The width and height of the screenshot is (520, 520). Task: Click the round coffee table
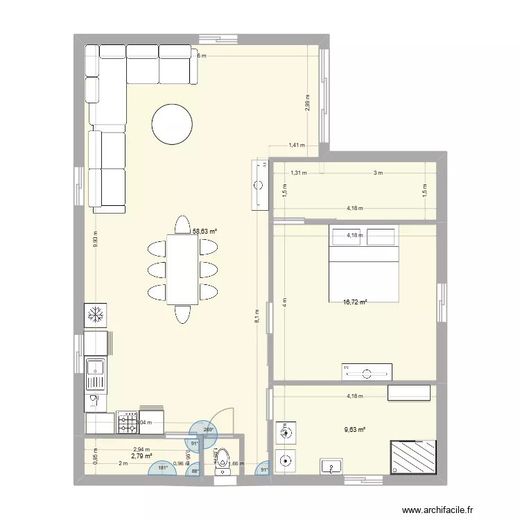pos(172,124)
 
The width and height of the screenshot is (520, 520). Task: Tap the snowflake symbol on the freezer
pos(95,316)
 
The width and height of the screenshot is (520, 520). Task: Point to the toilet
pos(223,462)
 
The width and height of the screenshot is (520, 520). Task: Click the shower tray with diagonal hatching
pos(414,457)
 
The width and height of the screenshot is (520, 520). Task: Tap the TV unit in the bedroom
pos(367,372)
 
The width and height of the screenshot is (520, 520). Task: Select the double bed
pos(364,263)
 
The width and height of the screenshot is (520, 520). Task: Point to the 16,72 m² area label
pos(354,302)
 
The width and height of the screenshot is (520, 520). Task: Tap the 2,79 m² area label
pos(141,456)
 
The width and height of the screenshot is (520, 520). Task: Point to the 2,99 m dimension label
pos(307,103)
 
